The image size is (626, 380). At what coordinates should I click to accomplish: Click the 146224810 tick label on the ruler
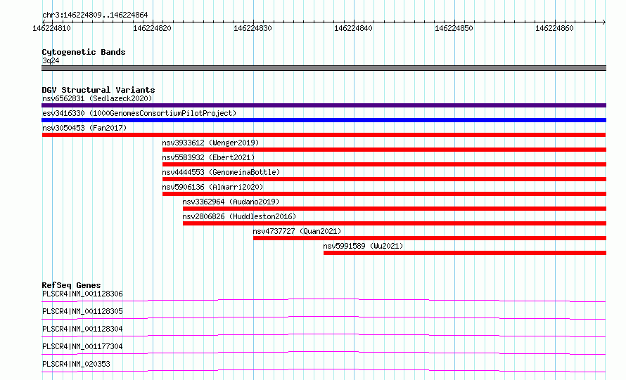pyautogui.click(x=51, y=28)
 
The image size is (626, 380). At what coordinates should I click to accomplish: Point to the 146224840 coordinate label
pyautogui.click(x=353, y=28)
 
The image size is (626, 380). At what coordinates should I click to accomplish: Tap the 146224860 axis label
pyautogui.click(x=554, y=28)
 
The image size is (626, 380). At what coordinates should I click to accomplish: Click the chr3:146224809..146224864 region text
pyautogui.click(x=95, y=15)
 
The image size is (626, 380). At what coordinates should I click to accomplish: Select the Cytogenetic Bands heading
pyautogui.click(x=84, y=52)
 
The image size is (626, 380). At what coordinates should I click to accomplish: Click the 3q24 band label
pyautogui.click(x=51, y=60)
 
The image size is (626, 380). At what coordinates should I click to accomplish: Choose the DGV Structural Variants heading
pyautogui.click(x=98, y=90)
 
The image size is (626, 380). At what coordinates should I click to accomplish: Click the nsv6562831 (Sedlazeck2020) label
pyautogui.click(x=97, y=98)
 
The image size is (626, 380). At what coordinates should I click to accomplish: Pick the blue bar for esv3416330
pyautogui.click(x=324, y=120)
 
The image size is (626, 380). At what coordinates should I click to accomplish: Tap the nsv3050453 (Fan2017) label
pyautogui.click(x=84, y=128)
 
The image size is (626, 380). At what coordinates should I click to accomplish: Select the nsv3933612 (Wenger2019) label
pyautogui.click(x=210, y=143)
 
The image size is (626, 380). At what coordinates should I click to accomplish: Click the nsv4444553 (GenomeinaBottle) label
pyautogui.click(x=221, y=172)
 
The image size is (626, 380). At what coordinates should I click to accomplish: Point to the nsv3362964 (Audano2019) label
pyautogui.click(x=231, y=202)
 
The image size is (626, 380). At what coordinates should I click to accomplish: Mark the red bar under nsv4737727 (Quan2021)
pyautogui.click(x=430, y=238)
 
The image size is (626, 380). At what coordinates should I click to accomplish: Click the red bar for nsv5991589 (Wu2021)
pyautogui.click(x=465, y=253)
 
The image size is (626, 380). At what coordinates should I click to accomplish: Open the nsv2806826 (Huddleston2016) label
pyautogui.click(x=239, y=216)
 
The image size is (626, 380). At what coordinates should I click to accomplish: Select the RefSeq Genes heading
pyautogui.click(x=72, y=285)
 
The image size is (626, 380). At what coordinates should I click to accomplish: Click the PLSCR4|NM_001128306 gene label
pyautogui.click(x=82, y=294)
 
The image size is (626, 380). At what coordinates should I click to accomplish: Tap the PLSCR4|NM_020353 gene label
pyautogui.click(x=76, y=364)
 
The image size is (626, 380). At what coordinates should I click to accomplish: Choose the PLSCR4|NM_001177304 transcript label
pyautogui.click(x=82, y=346)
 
